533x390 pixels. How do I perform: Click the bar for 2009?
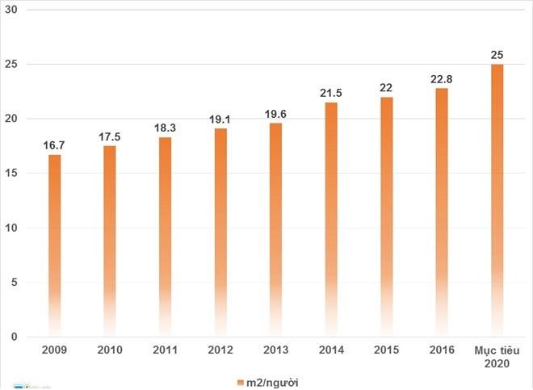[x=55, y=242]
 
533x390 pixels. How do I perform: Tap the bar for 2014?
[x=331, y=218]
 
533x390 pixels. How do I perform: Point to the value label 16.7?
[x=55, y=145]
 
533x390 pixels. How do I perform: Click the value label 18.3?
[x=166, y=128]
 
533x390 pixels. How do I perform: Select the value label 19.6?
[x=275, y=113]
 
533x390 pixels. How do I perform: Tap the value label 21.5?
[x=331, y=93]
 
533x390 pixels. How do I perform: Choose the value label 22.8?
[x=442, y=78]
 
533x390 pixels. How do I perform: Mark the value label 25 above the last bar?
[x=497, y=55]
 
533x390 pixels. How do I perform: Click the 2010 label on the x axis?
[x=110, y=351]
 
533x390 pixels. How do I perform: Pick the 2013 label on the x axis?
[x=275, y=351]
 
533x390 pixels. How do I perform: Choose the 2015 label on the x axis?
[x=386, y=351]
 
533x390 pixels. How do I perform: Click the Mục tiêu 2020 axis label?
[x=497, y=357]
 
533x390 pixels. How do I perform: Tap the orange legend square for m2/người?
[x=240, y=381]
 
